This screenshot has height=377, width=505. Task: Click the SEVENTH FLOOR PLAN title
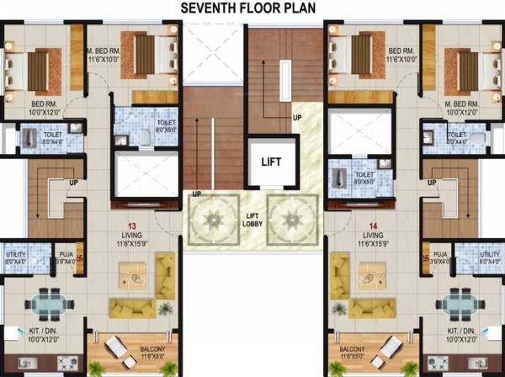click(252, 8)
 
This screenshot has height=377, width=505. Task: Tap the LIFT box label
click(272, 161)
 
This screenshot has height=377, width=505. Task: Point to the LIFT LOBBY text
click(252, 217)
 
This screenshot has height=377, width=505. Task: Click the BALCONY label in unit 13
click(130, 348)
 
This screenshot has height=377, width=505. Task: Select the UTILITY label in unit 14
click(488, 254)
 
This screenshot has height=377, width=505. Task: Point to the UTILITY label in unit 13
click(15, 254)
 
